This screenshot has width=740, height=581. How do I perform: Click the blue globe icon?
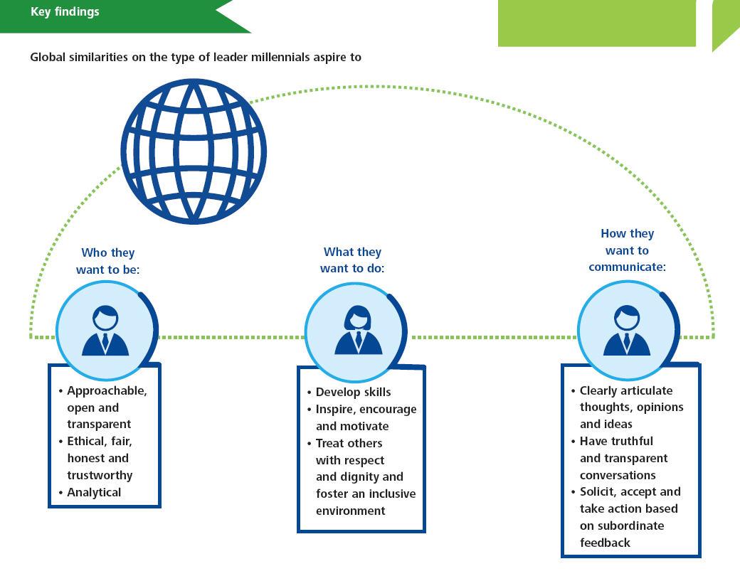pos(194,151)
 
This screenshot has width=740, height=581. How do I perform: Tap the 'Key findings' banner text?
pos(65,12)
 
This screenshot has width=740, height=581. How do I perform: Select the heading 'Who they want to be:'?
pos(108,261)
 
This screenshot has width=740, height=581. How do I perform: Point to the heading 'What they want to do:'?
pos(352,260)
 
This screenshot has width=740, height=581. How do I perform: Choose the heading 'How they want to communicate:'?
pos(627,250)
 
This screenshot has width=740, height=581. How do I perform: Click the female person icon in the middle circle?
pos(358,330)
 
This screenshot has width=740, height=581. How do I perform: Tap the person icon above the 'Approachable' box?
pos(105,331)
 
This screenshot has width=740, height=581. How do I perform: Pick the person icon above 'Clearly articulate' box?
pos(627,331)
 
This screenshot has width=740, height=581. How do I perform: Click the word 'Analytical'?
pos(94,492)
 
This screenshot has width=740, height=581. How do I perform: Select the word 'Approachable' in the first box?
pos(107,391)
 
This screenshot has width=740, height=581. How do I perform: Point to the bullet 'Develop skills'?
pos(349,393)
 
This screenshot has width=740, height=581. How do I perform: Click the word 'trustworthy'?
pos(100,475)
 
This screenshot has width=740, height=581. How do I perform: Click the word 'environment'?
pos(351,511)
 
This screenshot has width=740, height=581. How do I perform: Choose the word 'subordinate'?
pos(630,526)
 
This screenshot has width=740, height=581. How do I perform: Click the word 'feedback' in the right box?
pos(605,543)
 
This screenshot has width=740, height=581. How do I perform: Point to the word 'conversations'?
pos(618,475)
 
